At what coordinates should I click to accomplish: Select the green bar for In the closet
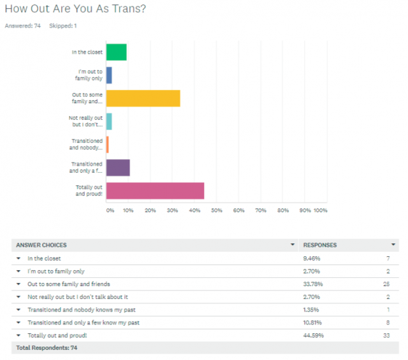coord(116,52)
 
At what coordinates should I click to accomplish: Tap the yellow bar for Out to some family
coord(143,98)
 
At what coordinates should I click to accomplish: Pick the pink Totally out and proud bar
coord(155,191)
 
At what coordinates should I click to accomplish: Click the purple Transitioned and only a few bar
coord(118,168)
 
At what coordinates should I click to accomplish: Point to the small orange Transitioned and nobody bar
coord(107,145)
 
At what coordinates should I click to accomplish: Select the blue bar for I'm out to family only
coord(109,75)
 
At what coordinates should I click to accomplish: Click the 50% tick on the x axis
coord(216,210)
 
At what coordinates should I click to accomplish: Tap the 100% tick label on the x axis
coord(320,210)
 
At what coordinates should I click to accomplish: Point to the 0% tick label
coord(110,210)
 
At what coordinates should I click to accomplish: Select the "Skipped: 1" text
coord(63,26)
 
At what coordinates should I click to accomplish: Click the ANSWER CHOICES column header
coord(41,245)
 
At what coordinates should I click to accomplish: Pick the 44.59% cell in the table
coord(312,335)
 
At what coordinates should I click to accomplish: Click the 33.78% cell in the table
coord(312,284)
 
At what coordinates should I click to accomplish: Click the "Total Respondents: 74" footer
coord(47,348)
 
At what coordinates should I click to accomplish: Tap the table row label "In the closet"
coord(45,258)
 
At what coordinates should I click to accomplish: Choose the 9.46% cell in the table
coord(311,258)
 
